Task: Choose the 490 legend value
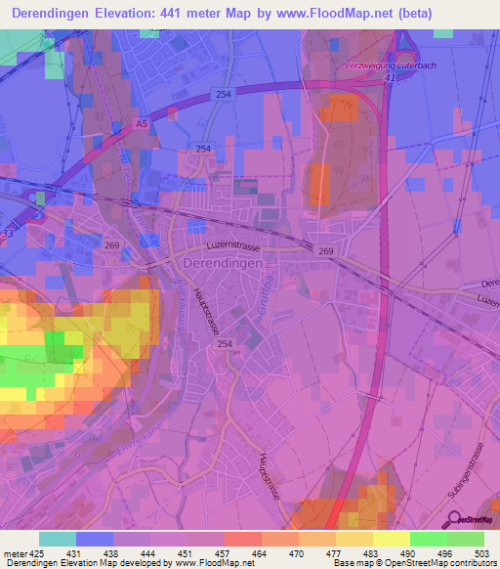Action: [409, 553]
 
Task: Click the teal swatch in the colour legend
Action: [58, 539]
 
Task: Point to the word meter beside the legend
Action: [14, 553]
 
